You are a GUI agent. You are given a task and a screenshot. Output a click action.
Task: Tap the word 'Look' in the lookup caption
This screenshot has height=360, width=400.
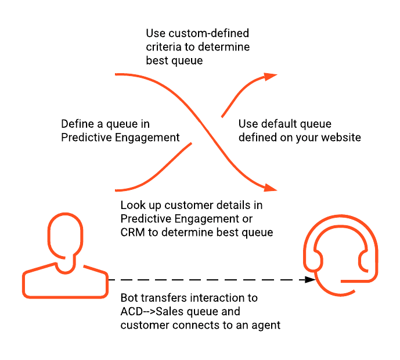point(132,206)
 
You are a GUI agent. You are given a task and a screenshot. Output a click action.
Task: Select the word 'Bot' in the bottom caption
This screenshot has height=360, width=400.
point(130,298)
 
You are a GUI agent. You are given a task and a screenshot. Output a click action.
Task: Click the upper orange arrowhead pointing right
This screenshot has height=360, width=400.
point(270,76)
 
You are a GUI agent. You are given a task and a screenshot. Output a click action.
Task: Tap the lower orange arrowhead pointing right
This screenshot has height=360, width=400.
point(270,188)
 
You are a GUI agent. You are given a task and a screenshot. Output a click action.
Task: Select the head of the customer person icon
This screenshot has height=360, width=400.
point(64,237)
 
